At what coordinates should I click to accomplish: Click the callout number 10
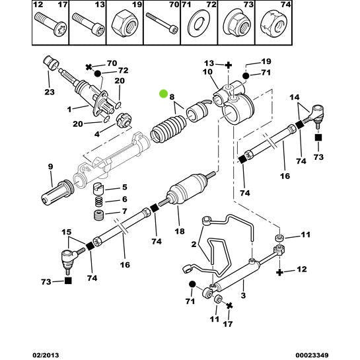click(207, 71)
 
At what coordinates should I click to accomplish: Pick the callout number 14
click(295, 98)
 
